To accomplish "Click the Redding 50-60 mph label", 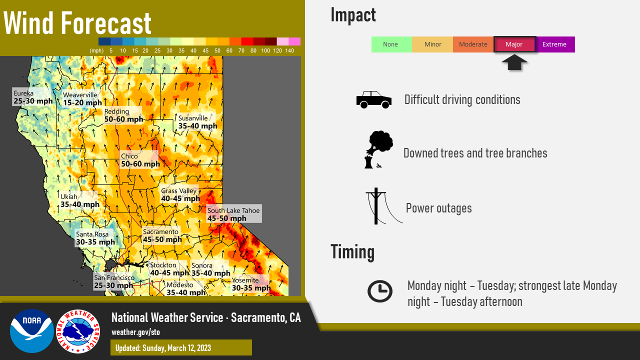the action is tap(123, 115).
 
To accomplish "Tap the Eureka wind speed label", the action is tap(32, 97).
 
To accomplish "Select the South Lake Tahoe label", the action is tap(233, 214).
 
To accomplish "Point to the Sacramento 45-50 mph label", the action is tap(162, 235).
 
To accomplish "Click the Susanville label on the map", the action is tap(197, 122).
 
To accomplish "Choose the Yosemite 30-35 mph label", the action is tap(250, 284).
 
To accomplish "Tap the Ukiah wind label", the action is tap(79, 200).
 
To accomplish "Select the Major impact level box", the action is tap(514, 44).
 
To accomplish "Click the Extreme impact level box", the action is tap(555, 44).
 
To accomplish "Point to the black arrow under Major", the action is tap(514, 62).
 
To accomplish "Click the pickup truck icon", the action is tap(373, 99).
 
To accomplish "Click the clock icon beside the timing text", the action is tap(379, 291).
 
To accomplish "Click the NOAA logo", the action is tap(32, 331).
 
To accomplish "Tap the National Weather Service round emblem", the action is tap(78, 331).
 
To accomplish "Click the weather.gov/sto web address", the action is tap(135, 332).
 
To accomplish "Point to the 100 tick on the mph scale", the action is tap(265, 50).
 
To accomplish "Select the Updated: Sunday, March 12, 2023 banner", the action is tap(181, 347).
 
